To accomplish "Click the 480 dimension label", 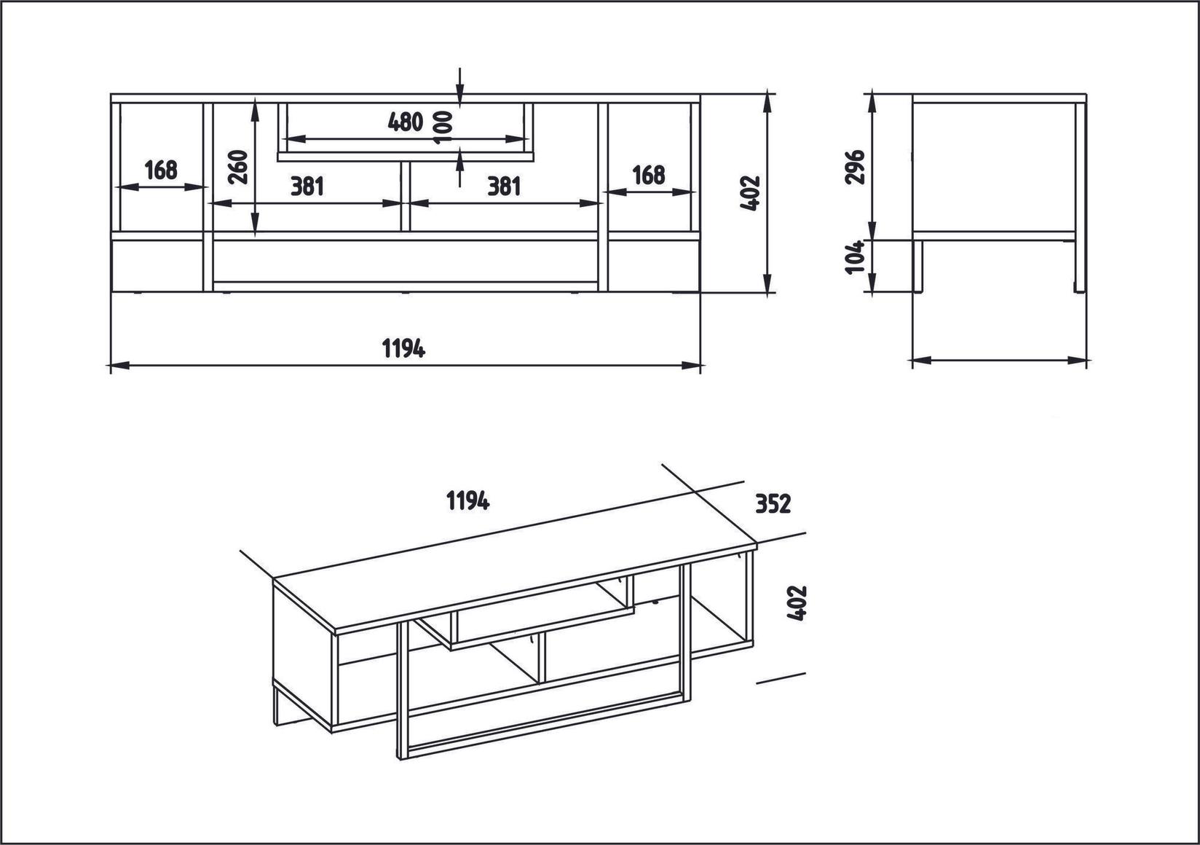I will (406, 122).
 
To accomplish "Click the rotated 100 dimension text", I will (441, 127).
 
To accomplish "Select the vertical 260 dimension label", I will (240, 167).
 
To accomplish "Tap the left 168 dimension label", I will (161, 170).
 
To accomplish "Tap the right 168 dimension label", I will (648, 176).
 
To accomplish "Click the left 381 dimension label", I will (307, 186).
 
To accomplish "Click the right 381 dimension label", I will (504, 186).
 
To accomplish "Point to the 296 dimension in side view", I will (856, 167).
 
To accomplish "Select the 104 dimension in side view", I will (856, 257).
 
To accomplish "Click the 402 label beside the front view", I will (750, 194).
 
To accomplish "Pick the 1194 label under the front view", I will (404, 349).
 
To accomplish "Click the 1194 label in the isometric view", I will (467, 501).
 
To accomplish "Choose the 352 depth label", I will (773, 504).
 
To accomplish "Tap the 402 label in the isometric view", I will (798, 603).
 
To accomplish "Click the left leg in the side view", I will (918, 266).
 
